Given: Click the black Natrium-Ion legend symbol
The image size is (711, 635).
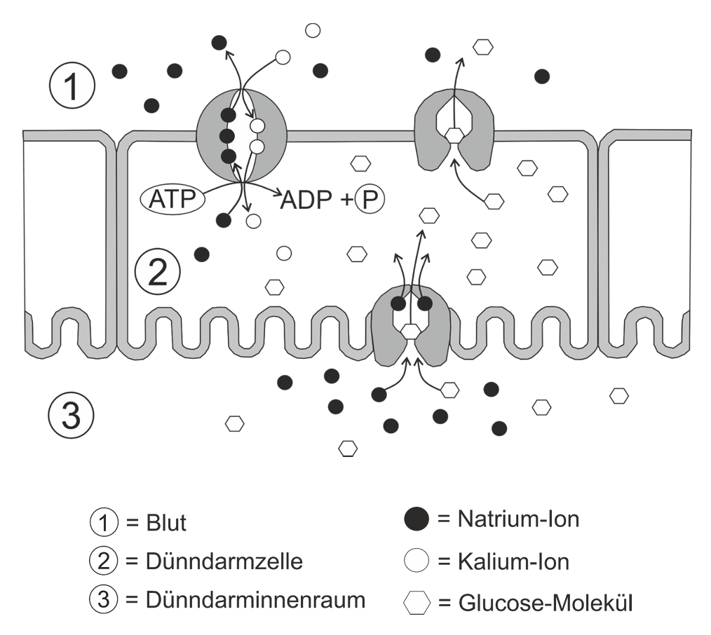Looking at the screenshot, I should click(x=417, y=519).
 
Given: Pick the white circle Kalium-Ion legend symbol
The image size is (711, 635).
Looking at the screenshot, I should click(x=417, y=561).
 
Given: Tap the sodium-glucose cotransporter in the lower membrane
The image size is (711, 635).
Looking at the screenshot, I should click(x=411, y=326).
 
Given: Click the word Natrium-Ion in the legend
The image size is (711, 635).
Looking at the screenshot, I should click(x=518, y=519).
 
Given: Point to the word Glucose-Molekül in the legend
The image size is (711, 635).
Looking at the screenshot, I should click(x=544, y=602).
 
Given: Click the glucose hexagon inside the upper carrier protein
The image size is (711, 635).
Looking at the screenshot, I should click(x=455, y=136).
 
